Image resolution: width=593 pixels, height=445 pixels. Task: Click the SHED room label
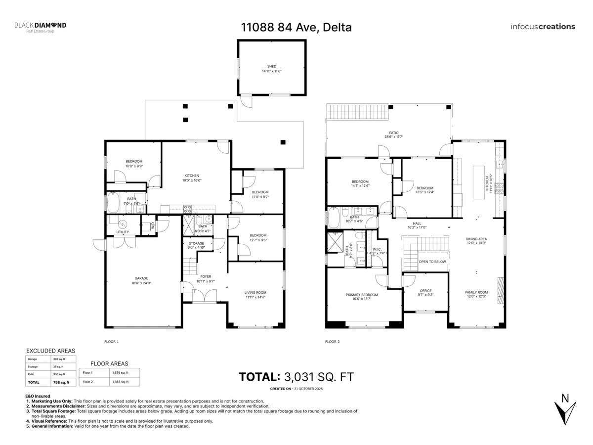tap(272, 66)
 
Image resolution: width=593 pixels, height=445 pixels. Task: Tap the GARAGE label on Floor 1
tap(141, 278)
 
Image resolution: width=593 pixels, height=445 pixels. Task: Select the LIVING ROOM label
tap(255, 292)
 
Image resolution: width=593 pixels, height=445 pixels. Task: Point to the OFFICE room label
tap(425, 291)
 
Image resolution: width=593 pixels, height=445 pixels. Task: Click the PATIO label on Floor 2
tap(394, 133)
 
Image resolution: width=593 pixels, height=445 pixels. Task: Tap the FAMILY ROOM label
tap(476, 292)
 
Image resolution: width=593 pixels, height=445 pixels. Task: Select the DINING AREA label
tap(476, 239)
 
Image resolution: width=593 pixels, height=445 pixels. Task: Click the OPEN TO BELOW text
tap(432, 262)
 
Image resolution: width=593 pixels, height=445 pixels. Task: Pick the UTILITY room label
tap(123, 232)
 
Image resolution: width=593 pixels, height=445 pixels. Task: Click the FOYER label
tap(206, 277)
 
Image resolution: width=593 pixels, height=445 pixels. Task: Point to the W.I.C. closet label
tap(377, 249)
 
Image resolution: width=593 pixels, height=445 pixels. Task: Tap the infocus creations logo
tap(543, 27)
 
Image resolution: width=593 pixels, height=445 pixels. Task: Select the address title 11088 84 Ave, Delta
tap(296, 27)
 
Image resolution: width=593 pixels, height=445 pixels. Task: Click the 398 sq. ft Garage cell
tap(58, 359)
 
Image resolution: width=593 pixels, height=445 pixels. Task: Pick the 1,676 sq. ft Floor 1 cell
tap(121, 372)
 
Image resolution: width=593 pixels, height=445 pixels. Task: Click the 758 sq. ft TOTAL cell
tap(58, 382)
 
